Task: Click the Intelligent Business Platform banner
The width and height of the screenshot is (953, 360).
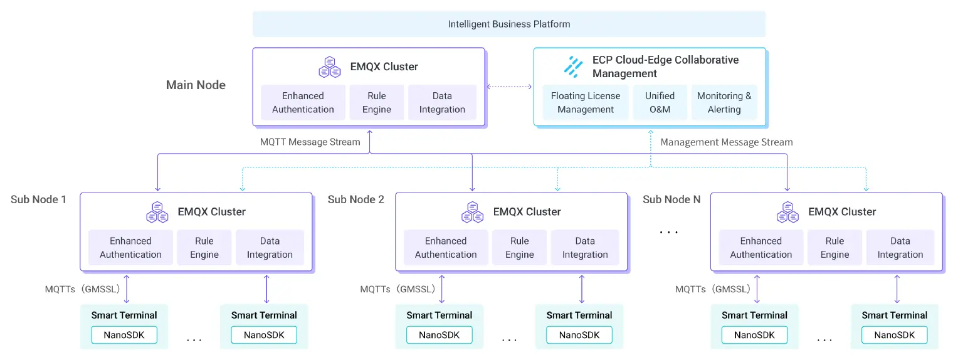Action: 509,24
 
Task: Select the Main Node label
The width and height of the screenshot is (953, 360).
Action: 196,85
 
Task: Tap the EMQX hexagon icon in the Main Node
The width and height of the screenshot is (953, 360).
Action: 330,66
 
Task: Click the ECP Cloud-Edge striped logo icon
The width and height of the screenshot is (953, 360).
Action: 573,66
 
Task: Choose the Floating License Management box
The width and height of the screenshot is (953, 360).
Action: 586,103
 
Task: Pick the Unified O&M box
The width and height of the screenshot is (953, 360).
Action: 660,103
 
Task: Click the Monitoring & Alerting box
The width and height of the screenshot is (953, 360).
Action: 724,103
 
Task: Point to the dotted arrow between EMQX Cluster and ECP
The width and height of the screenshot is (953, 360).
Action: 509,87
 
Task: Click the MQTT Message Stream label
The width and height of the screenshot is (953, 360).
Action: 310,142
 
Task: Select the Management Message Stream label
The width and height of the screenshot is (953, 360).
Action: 727,142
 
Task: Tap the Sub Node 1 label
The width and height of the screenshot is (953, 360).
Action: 38,199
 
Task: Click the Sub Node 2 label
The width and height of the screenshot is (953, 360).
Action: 355,199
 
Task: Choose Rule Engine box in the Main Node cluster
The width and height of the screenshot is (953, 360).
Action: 377,103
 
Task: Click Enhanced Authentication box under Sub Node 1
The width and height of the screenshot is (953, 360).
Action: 130,248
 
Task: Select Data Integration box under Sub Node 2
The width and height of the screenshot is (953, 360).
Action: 585,248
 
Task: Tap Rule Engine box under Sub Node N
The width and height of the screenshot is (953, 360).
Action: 835,248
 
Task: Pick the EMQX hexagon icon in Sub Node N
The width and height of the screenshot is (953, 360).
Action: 788,212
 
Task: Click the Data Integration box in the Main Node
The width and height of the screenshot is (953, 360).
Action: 442,103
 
